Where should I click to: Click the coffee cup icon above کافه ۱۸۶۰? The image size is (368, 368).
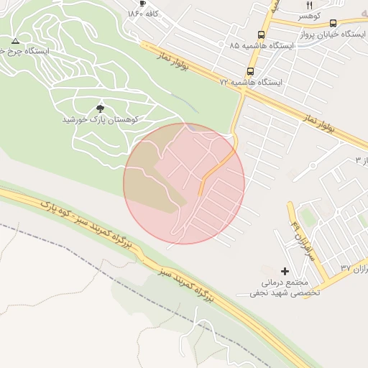point(143,4)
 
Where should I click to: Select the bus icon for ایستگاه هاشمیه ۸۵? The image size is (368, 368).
point(260,34)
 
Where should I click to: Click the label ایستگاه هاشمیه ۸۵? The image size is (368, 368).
point(262,45)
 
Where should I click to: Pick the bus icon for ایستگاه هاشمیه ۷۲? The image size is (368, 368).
point(250,72)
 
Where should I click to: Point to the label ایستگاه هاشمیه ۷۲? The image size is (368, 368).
point(252,83)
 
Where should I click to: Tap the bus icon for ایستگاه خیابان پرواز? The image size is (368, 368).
point(332,23)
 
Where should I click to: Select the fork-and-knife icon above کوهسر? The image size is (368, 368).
point(310,5)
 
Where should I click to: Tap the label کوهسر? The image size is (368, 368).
point(310,15)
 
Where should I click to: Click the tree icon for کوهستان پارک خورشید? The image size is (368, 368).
point(100,108)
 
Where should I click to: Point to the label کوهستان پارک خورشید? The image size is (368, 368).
point(100,119)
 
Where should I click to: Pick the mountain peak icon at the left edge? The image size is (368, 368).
point(15,41)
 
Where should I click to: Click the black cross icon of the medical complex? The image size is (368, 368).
point(285,272)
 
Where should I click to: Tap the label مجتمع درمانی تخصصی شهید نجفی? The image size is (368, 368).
point(285,287)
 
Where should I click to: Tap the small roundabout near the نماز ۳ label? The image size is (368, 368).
point(313,165)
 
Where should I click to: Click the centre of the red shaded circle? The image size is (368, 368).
point(184,183)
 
